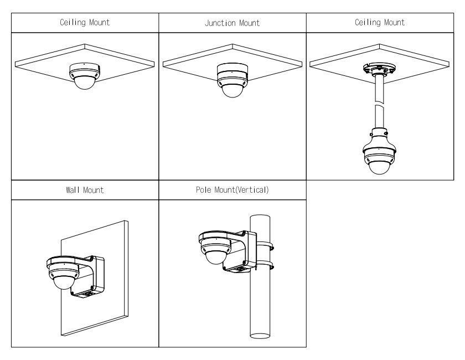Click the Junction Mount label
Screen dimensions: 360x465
click(232, 23)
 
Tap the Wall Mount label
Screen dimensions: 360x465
click(85, 191)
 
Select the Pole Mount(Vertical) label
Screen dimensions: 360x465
click(232, 191)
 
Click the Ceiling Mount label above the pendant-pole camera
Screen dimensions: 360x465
click(379, 23)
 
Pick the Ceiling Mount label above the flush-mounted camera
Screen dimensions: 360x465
click(85, 23)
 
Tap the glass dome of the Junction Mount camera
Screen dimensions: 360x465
click(232, 89)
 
